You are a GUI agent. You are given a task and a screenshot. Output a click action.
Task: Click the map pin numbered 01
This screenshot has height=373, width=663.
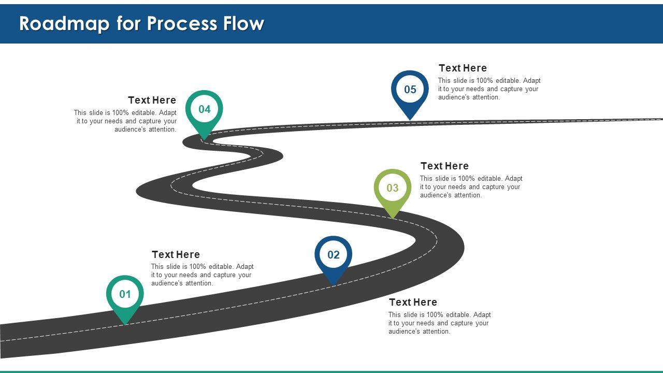click(x=125, y=295)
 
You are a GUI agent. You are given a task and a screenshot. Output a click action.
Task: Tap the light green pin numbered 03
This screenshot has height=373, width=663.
click(x=393, y=188)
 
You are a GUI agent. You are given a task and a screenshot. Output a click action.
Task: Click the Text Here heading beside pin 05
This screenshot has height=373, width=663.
click(x=463, y=68)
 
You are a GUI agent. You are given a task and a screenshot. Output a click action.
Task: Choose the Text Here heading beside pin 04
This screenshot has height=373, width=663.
click(x=152, y=101)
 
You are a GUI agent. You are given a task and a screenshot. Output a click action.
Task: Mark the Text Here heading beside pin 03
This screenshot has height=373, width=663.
click(x=444, y=166)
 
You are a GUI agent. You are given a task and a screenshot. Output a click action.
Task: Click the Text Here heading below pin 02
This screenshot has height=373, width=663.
click(x=413, y=303)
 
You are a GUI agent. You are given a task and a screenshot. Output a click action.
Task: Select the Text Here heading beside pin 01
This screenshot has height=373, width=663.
click(x=176, y=255)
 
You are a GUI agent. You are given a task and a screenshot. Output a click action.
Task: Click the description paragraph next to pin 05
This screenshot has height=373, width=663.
click(x=489, y=89)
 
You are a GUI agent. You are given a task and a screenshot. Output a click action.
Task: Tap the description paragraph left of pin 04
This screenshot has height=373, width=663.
click(x=125, y=121)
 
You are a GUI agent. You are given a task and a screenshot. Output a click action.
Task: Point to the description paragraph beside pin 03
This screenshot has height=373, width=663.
click(x=471, y=187)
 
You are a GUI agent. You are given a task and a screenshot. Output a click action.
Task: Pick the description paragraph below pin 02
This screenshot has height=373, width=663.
click(x=439, y=323)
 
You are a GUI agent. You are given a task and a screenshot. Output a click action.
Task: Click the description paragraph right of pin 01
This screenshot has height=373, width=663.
click(x=202, y=275)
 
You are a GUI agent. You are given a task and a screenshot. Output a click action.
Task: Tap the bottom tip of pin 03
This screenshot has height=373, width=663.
click(x=393, y=217)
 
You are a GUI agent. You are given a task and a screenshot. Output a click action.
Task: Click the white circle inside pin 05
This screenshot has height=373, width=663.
click(x=410, y=89)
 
